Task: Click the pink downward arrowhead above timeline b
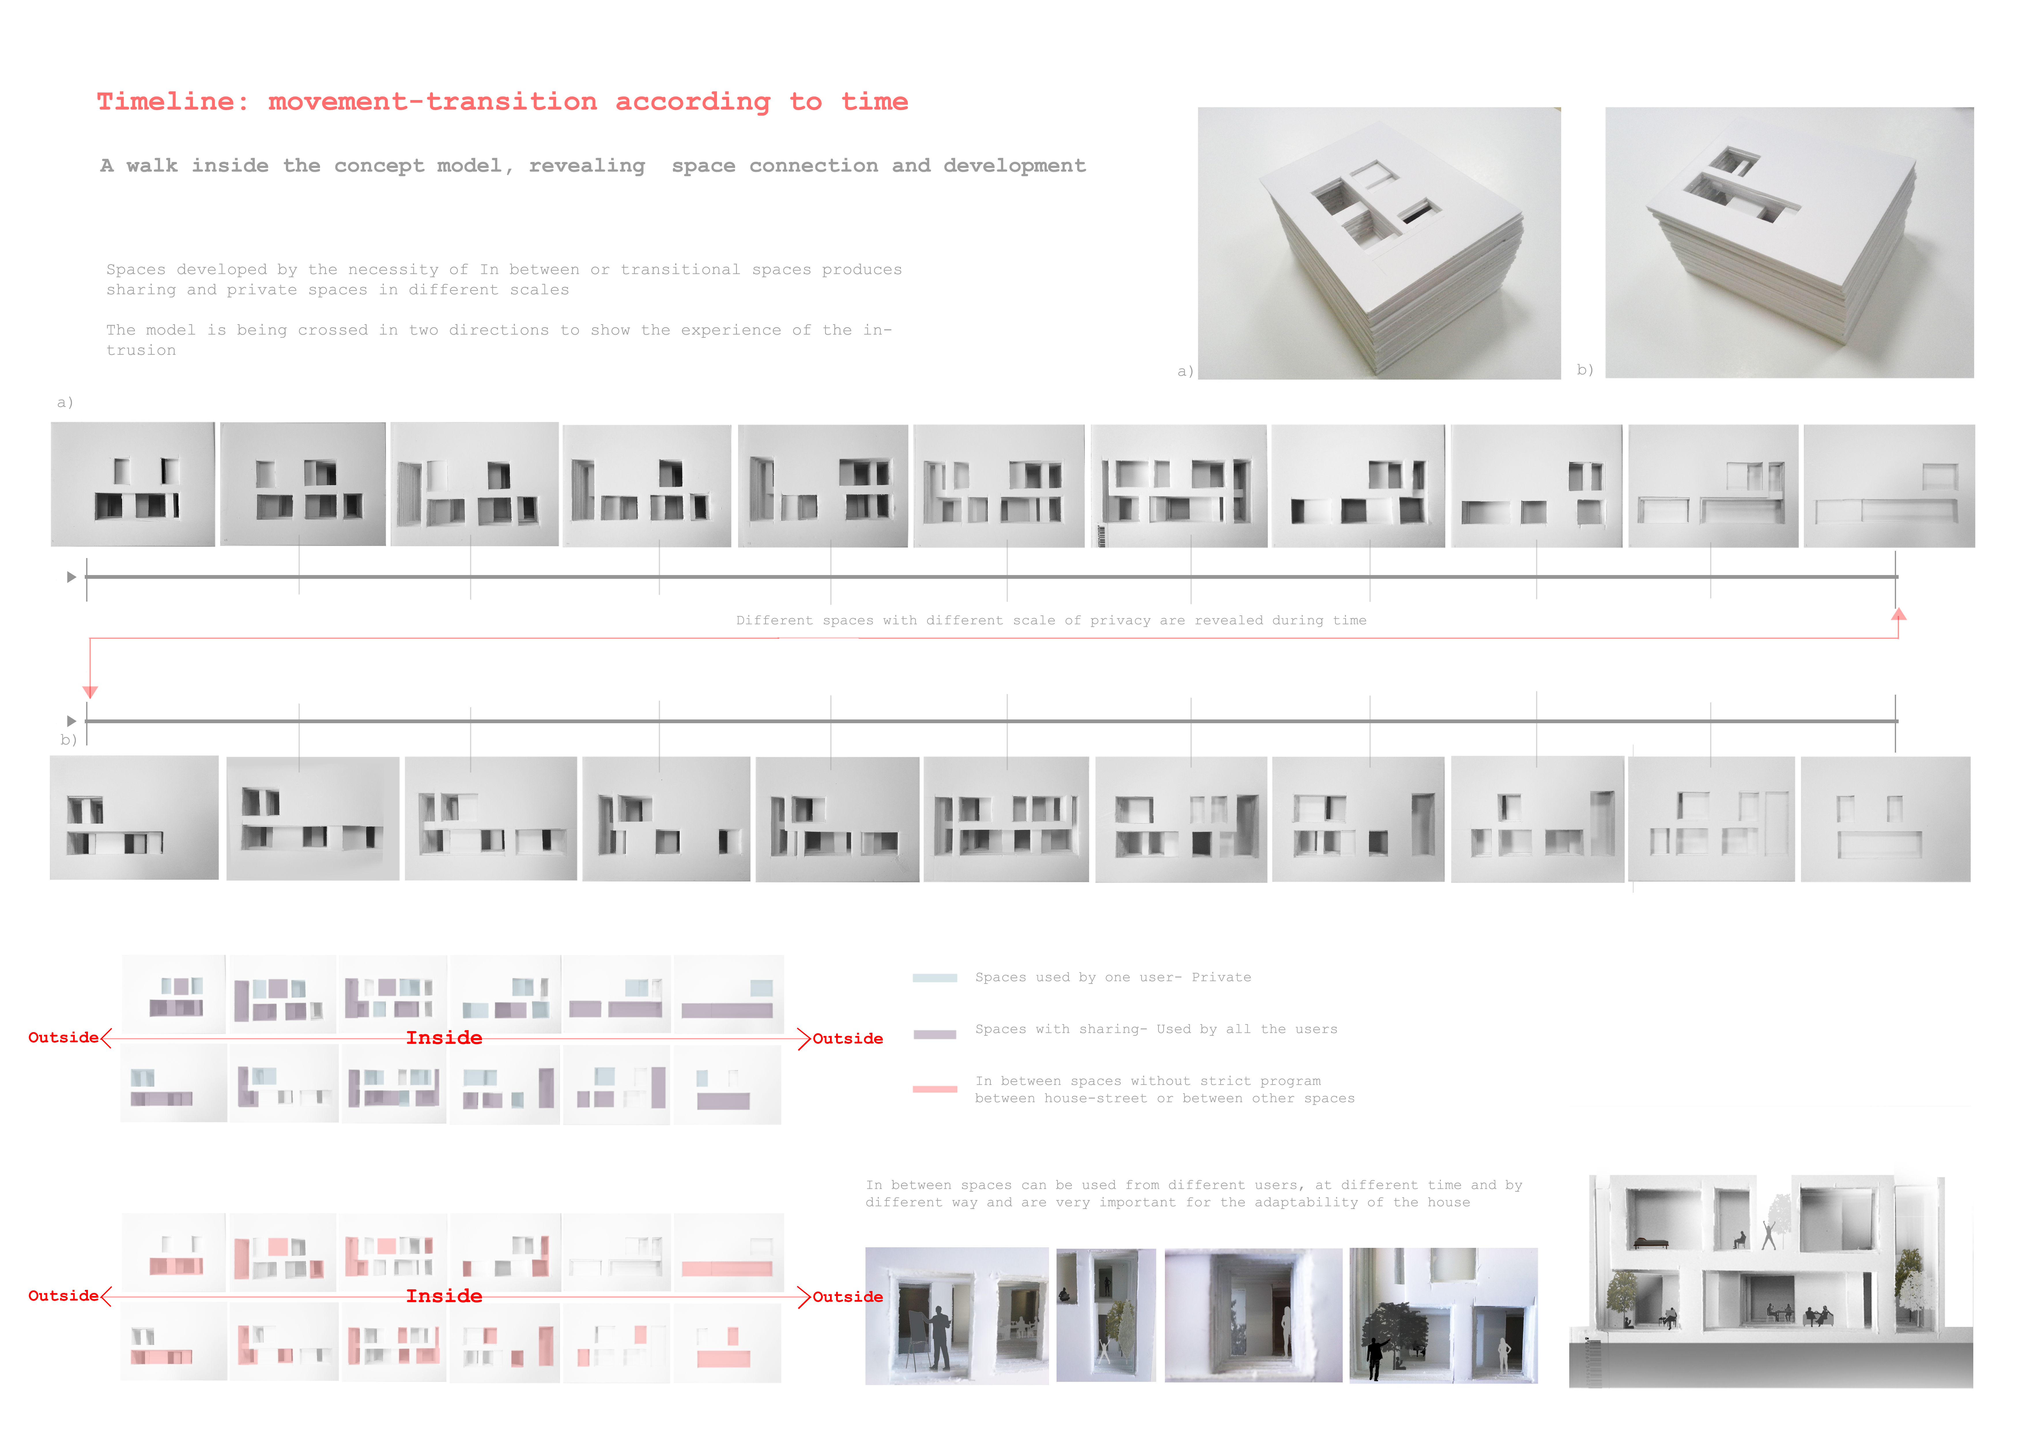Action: pyautogui.click(x=90, y=693)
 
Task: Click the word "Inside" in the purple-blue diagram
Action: pyautogui.click(x=444, y=1038)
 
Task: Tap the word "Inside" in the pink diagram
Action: pyautogui.click(x=444, y=1296)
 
